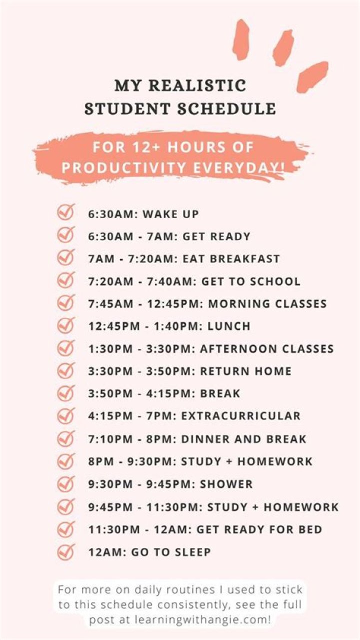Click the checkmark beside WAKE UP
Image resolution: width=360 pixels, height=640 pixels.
65,212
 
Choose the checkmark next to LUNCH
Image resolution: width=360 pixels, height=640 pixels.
65,325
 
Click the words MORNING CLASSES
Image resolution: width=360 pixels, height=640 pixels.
267,304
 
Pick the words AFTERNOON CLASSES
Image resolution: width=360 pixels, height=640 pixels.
267,349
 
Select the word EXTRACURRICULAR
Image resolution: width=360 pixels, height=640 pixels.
241,416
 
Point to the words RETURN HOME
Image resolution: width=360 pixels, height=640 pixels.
245,371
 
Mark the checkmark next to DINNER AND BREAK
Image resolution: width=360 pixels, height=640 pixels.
65,439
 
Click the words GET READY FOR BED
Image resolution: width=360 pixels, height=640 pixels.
259,529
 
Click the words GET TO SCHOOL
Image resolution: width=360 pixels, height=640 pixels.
251,282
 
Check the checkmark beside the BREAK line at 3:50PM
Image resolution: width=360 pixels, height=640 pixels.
65,392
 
